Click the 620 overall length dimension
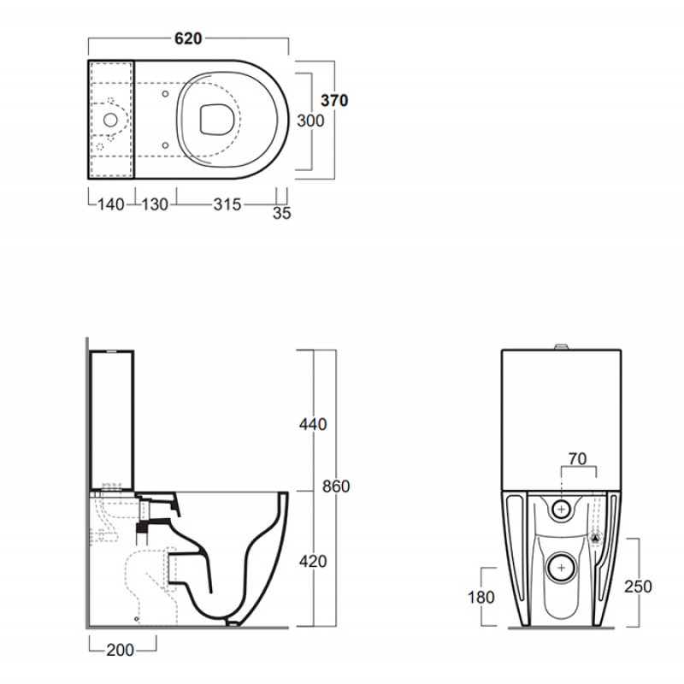click(x=188, y=38)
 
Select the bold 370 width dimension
click(x=334, y=100)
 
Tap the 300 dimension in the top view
click(x=310, y=121)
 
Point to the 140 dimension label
click(x=111, y=204)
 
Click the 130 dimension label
click(x=155, y=204)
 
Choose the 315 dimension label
click(x=227, y=204)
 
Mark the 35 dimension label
click(x=282, y=213)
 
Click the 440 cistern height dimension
click(x=313, y=424)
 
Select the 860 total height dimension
click(x=336, y=486)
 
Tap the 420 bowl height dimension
click(x=313, y=561)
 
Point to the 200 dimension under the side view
click(x=120, y=650)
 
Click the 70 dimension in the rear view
click(x=578, y=459)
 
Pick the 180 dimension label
click(x=481, y=597)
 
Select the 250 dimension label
click(x=638, y=587)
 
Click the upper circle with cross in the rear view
click(x=562, y=509)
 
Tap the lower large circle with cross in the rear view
click(x=561, y=568)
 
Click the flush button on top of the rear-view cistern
click(x=562, y=347)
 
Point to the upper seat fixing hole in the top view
click(x=165, y=94)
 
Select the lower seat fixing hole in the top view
click(x=165, y=145)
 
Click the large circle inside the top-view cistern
click(x=110, y=120)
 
